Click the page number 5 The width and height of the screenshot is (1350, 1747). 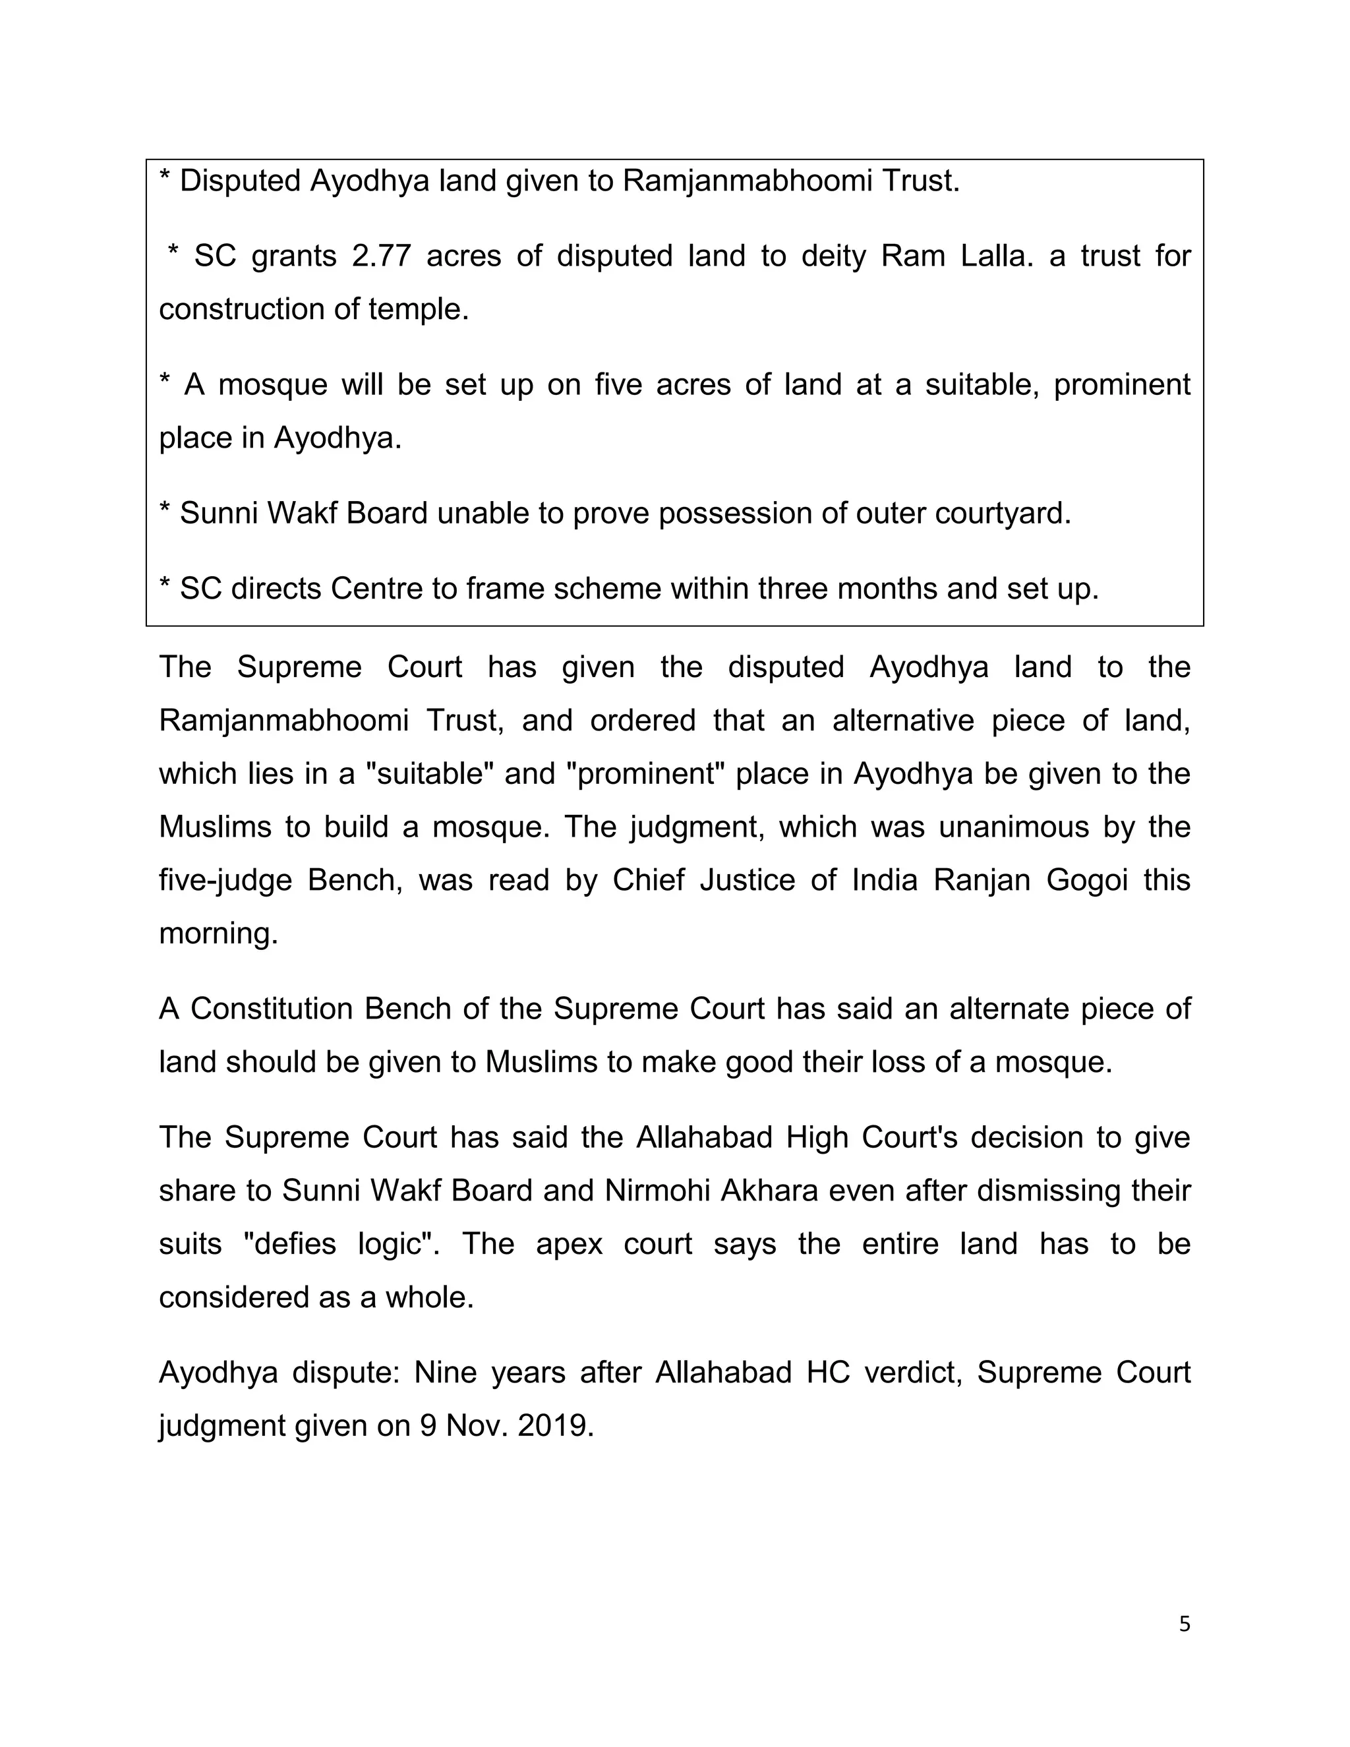click(1185, 1624)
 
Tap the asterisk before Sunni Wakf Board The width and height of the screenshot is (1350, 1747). click(165, 510)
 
